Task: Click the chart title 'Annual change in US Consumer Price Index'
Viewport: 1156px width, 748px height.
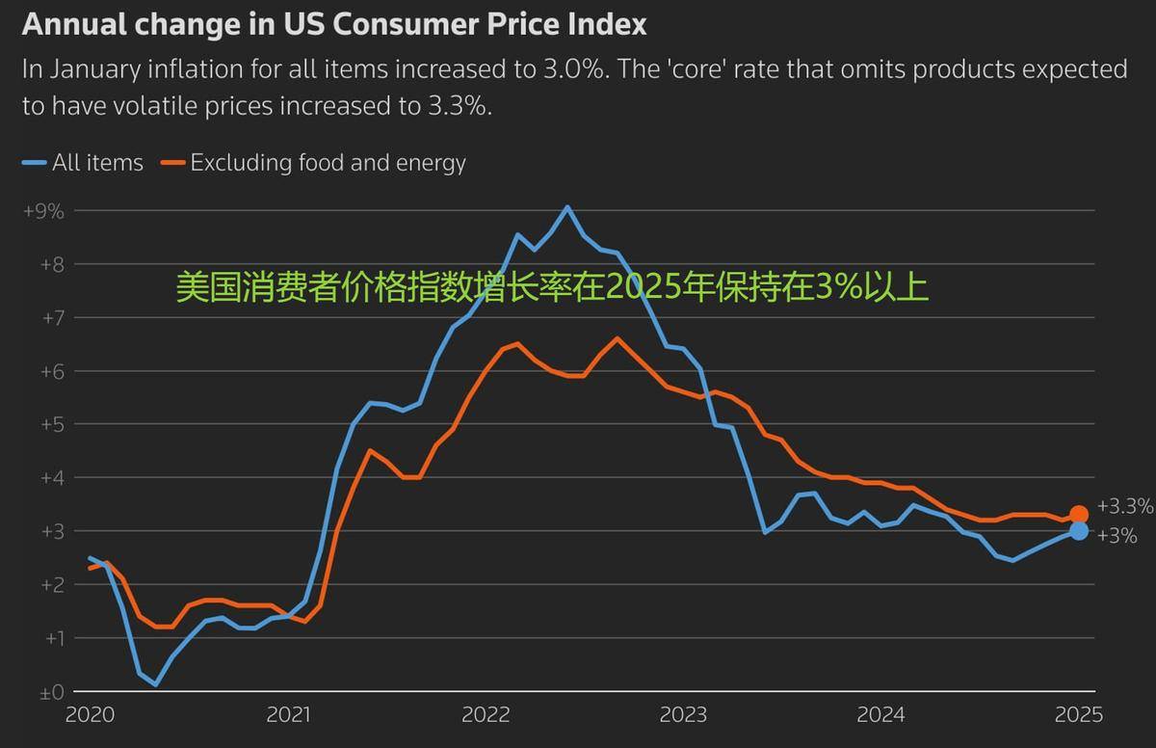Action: pos(333,24)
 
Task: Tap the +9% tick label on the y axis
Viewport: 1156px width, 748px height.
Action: pos(43,210)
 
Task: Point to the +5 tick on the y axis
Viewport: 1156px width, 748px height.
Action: pos(45,424)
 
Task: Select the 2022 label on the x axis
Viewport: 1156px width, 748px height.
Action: pos(486,715)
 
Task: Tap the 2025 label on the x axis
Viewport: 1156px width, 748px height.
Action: pos(1078,715)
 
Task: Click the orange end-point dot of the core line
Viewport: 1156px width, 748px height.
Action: pos(1078,515)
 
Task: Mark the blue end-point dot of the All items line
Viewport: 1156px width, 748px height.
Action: pos(1078,531)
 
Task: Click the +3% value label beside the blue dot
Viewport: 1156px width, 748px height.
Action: pos(1117,536)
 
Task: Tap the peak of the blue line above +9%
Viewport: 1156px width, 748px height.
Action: pos(566,206)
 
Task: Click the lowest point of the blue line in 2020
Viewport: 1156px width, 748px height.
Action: pos(156,684)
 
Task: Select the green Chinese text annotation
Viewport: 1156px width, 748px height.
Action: pos(552,287)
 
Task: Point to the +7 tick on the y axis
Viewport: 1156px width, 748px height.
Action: pos(45,317)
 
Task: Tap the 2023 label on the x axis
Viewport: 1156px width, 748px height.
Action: pos(683,715)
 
